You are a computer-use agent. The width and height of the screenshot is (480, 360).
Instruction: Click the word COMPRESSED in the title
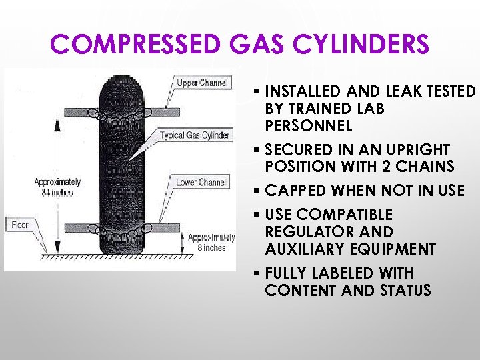(134, 45)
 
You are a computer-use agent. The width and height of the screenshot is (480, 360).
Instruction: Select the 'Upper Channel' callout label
(202, 83)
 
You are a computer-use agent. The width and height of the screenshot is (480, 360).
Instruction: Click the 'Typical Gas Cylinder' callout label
(195, 135)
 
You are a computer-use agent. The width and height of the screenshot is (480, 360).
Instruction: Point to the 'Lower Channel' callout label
(201, 182)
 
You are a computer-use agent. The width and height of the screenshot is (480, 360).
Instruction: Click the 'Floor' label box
(20, 225)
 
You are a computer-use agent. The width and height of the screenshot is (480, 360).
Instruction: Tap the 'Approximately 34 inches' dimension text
(57, 187)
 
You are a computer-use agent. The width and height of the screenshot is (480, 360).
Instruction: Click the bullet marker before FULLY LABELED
(257, 274)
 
